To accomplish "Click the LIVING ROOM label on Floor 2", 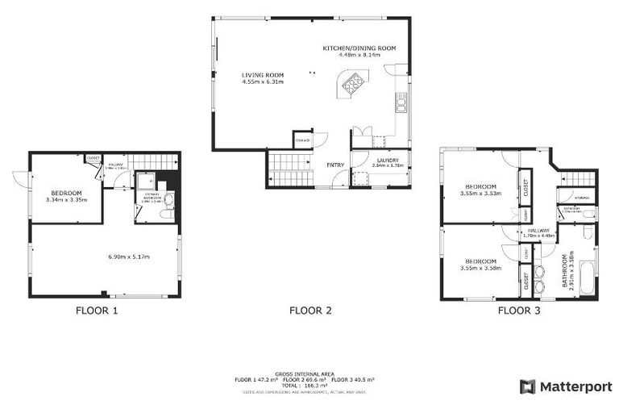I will (263, 74).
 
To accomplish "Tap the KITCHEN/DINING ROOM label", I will (359, 48).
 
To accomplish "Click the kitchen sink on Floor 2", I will (400, 103).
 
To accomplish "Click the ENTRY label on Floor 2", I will (335, 165).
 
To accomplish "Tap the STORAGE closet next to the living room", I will (302, 140).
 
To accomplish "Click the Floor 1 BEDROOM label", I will (66, 193).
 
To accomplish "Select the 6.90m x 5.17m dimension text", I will (130, 257).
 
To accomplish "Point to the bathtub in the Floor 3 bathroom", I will (587, 270).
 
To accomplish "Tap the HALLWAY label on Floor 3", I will (538, 231).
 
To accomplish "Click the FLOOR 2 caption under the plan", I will (310, 311).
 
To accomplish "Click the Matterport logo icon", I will (527, 386).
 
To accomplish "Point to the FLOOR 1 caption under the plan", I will (97, 311).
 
